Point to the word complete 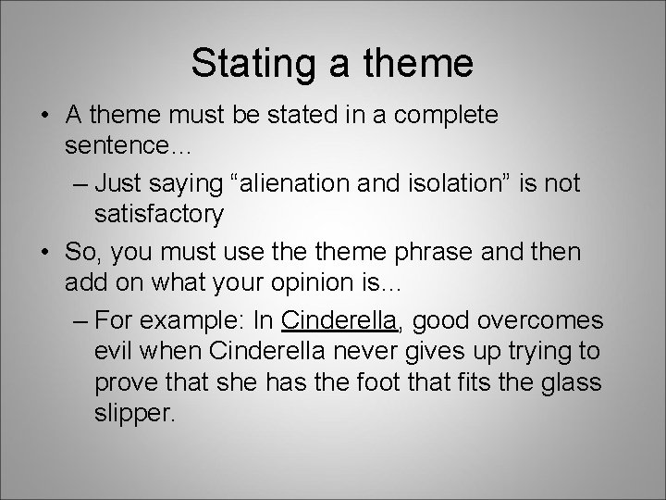point(447,116)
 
